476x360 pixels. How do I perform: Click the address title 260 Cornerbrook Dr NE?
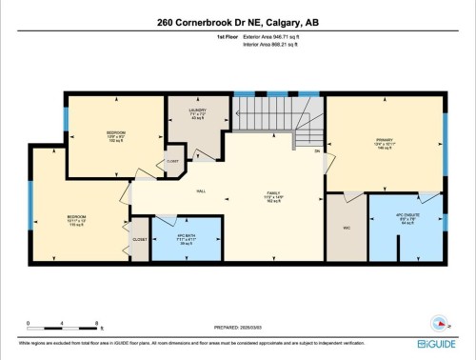(x=238, y=22)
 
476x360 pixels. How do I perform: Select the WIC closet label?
(x=346, y=229)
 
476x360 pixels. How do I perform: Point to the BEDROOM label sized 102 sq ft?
(x=115, y=133)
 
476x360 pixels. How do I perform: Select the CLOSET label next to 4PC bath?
(x=139, y=239)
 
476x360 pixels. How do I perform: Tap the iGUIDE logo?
(x=439, y=342)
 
